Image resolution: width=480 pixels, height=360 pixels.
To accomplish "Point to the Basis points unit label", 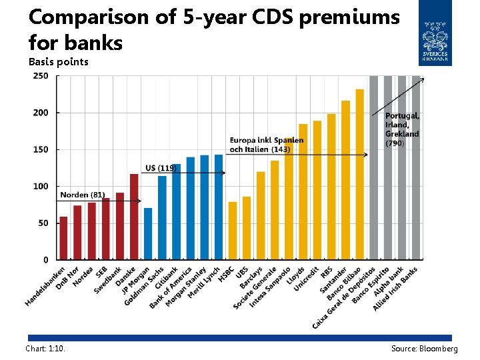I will coord(59,62).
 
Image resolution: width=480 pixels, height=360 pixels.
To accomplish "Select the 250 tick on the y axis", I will coord(40,76).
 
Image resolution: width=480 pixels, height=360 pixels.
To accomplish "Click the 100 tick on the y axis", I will coord(40,187).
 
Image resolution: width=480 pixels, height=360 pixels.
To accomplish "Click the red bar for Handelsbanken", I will coord(63,238).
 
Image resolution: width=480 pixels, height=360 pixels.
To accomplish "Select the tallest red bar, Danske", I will coord(134,217).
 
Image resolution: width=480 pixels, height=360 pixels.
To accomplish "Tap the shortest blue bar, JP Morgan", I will coord(148,233).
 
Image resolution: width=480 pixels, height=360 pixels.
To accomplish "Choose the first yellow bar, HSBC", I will coord(233,231).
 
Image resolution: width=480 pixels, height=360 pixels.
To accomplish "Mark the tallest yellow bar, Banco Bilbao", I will coord(360,174).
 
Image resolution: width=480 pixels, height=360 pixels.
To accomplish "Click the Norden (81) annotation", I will coord(83,195).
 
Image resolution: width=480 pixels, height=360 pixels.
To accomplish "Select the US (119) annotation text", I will coord(161,168).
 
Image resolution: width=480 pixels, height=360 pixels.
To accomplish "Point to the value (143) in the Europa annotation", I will coord(280,149).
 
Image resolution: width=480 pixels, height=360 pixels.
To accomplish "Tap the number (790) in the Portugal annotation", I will coord(395,143).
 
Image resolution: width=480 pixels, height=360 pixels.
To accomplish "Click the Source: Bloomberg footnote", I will coord(424,349).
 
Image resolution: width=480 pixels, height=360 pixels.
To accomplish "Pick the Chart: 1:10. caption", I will coord(45,349).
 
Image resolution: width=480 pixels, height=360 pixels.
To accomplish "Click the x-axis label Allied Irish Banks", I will coord(397,289).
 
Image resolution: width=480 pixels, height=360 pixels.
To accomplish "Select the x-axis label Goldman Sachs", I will coord(145,286).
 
